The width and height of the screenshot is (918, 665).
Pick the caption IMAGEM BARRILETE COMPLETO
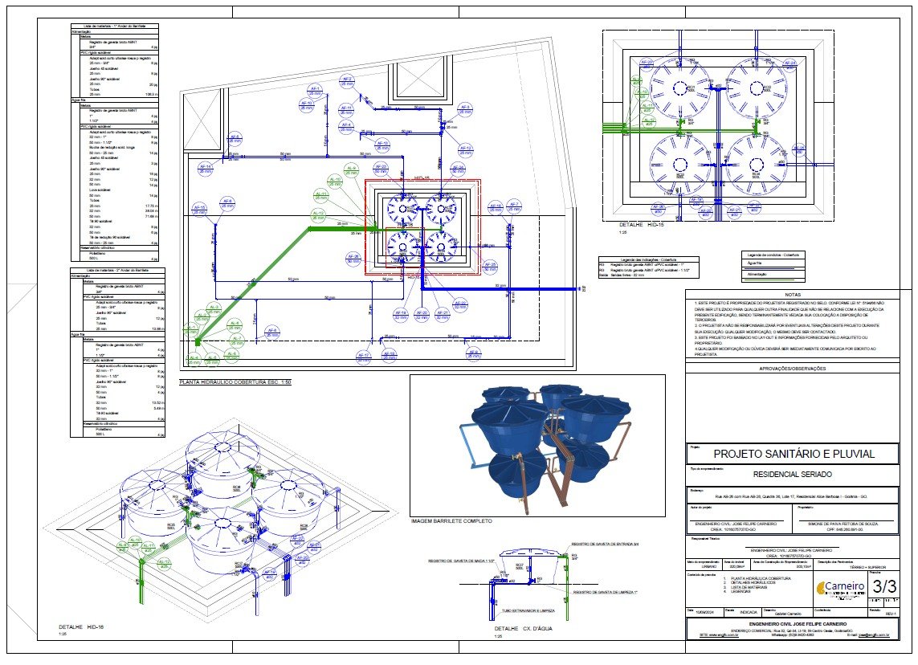(451, 521)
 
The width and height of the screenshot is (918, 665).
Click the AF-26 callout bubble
(354, 259)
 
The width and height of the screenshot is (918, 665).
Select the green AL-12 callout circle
(318, 214)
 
